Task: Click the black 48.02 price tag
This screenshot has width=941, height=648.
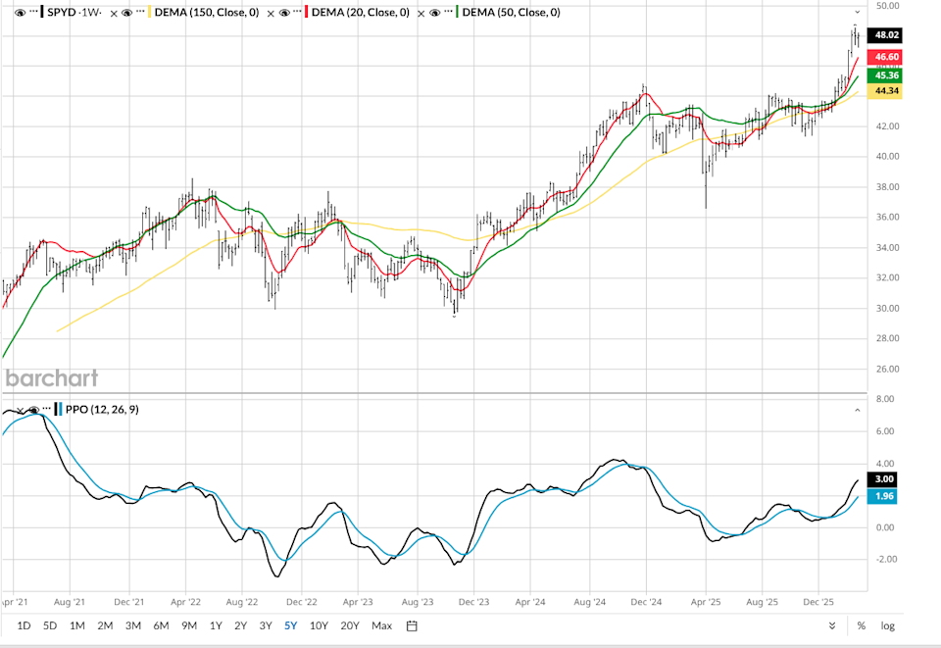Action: click(886, 35)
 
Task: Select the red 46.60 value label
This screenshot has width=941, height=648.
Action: click(886, 58)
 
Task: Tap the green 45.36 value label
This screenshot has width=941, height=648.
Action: click(886, 75)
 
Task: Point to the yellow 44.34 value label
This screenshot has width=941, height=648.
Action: click(886, 91)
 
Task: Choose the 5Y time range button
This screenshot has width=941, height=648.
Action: click(291, 625)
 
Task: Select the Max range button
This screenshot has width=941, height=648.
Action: click(381, 625)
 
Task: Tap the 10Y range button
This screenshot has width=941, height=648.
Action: click(318, 625)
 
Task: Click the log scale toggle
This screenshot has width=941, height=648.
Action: click(887, 625)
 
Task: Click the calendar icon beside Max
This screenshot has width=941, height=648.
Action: click(413, 625)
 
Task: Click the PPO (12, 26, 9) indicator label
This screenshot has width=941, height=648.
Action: click(102, 410)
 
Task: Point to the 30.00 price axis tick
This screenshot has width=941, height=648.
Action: click(886, 308)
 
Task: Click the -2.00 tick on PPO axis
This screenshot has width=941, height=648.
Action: click(885, 559)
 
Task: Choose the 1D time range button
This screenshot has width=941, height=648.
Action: click(25, 625)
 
